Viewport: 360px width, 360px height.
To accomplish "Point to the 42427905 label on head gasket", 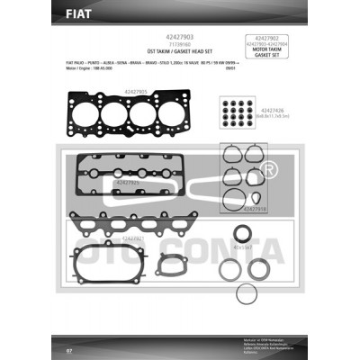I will pos(135,91).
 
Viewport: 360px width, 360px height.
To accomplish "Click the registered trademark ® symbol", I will pos(268,169).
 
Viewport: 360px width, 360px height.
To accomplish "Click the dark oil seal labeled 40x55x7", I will pos(244,233).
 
